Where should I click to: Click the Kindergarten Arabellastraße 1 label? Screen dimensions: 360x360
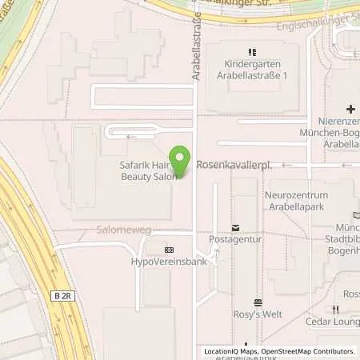(252, 70)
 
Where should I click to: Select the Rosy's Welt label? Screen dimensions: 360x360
(258, 314)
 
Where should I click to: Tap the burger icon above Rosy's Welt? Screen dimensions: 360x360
(258, 302)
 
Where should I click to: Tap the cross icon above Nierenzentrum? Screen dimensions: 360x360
(350, 108)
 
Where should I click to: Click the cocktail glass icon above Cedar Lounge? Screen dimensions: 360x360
(333, 312)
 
